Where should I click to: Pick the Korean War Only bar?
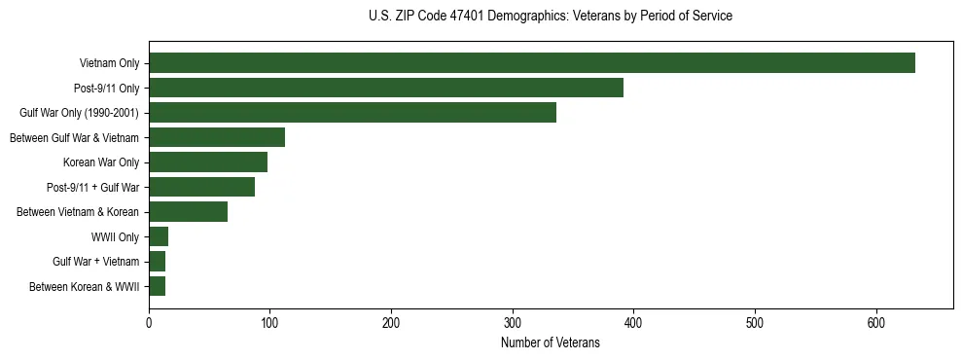coord(208,162)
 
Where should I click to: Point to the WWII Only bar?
coord(159,236)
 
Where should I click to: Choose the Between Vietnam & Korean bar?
coord(188,212)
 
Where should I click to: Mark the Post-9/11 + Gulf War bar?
coord(201,187)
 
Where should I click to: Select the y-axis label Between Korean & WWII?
coord(84,287)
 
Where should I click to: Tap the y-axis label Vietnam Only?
coord(109,64)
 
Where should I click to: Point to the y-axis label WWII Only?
coord(115,237)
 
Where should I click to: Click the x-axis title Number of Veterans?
coord(550,342)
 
